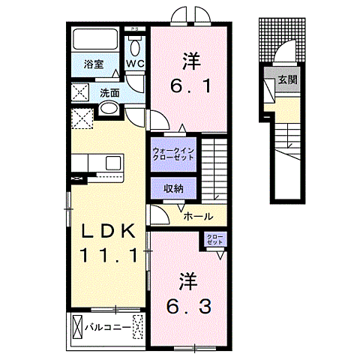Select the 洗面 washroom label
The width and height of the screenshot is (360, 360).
pos(109,94)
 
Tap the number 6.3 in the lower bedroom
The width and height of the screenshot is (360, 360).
pos(188,306)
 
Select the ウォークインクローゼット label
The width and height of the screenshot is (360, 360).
pos(173,153)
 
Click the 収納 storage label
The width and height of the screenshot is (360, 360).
pos(173,189)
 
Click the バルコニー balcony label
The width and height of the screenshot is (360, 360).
pos(103,328)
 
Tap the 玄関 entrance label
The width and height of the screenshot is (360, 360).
pos(288,79)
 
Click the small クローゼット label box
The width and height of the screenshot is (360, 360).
pos(216,240)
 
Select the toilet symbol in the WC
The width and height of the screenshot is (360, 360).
pos(135,46)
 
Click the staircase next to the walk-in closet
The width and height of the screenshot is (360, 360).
pos(214,166)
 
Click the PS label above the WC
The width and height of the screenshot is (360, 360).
pos(135,28)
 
